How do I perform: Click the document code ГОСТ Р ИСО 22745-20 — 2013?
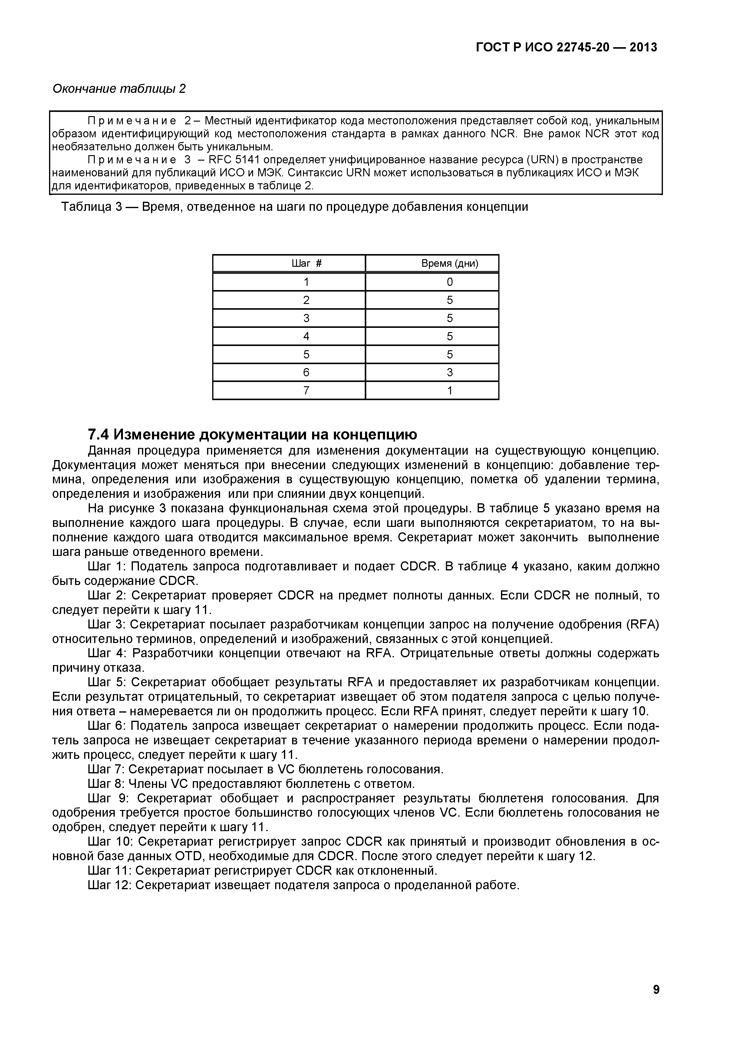click(566, 47)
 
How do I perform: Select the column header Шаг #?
click(306, 264)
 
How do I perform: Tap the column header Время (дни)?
click(450, 264)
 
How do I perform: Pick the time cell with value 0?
click(450, 282)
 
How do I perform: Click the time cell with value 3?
click(450, 372)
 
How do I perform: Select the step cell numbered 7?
click(306, 390)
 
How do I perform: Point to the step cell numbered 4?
click(306, 336)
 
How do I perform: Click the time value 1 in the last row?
click(450, 390)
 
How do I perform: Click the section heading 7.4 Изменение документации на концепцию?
click(252, 434)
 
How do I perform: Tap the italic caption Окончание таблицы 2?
click(119, 89)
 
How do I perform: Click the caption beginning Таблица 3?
click(295, 207)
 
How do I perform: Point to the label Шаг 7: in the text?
click(106, 769)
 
